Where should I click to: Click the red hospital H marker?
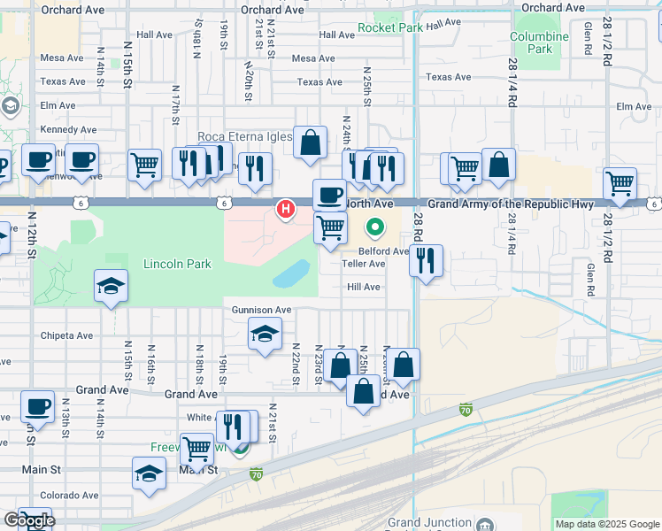click(285, 210)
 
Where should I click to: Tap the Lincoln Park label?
click(178, 265)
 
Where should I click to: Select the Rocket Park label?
click(390, 27)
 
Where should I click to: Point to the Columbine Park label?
click(539, 42)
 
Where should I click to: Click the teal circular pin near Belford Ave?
click(375, 228)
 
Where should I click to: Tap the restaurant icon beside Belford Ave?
click(427, 261)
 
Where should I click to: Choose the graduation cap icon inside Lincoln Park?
click(112, 286)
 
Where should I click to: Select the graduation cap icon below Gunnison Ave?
click(264, 335)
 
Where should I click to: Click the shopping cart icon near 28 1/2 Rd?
click(620, 184)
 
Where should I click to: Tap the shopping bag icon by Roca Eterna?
click(311, 143)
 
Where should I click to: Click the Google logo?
click(28, 520)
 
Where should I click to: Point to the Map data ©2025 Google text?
click(606, 524)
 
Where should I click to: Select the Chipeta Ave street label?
click(67, 335)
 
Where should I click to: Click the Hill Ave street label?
click(363, 287)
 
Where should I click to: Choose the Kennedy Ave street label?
click(68, 129)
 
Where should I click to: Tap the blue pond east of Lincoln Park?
click(291, 275)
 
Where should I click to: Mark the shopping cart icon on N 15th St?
click(144, 165)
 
